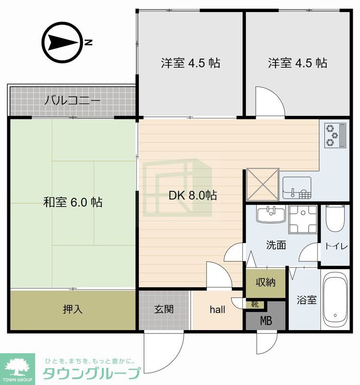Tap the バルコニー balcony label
(x=73, y=101)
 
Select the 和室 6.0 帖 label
(x=73, y=202)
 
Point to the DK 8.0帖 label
(x=193, y=195)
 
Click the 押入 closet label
(x=73, y=309)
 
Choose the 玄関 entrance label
(x=164, y=309)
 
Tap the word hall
(x=218, y=309)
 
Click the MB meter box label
(x=266, y=321)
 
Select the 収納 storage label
(x=266, y=282)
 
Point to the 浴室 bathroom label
(x=307, y=300)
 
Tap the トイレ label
(x=336, y=246)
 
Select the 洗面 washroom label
(x=276, y=245)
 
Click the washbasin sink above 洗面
(x=271, y=214)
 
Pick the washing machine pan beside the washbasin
(x=303, y=219)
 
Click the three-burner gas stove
(x=335, y=136)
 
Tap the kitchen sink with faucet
(x=297, y=188)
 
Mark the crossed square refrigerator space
(x=262, y=184)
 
